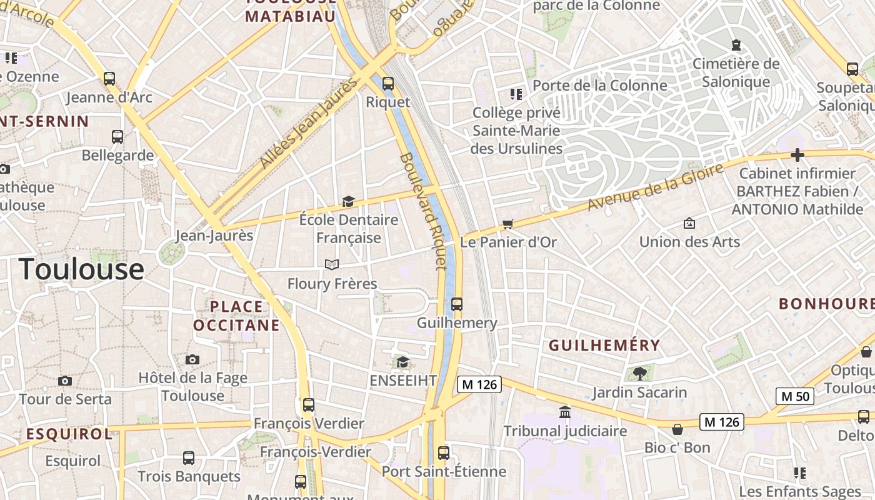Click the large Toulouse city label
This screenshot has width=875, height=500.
(x=82, y=269)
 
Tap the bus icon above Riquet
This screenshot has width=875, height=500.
(x=388, y=83)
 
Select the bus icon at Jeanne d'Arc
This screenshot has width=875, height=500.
(x=109, y=79)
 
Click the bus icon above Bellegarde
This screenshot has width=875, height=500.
(x=117, y=136)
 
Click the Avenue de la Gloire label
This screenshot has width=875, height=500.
(x=656, y=186)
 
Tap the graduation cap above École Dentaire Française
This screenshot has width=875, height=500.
(x=348, y=201)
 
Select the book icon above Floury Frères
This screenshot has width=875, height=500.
(x=332, y=265)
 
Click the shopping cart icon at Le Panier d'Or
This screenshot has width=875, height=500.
(x=508, y=224)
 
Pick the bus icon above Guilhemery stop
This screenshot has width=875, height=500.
(x=457, y=304)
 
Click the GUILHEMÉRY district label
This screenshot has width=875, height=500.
(x=604, y=345)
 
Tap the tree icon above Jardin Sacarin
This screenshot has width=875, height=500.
(x=639, y=374)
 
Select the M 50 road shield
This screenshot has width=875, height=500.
(x=795, y=396)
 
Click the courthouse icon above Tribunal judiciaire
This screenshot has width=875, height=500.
(x=565, y=412)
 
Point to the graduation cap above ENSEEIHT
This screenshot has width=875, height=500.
(x=402, y=362)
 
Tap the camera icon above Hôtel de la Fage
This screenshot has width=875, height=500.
(x=192, y=359)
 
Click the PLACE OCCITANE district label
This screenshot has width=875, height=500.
(x=236, y=316)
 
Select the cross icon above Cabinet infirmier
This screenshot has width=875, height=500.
(x=797, y=154)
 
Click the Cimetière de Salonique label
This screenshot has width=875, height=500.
(x=736, y=72)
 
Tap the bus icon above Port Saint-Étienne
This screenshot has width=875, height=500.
(x=444, y=452)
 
